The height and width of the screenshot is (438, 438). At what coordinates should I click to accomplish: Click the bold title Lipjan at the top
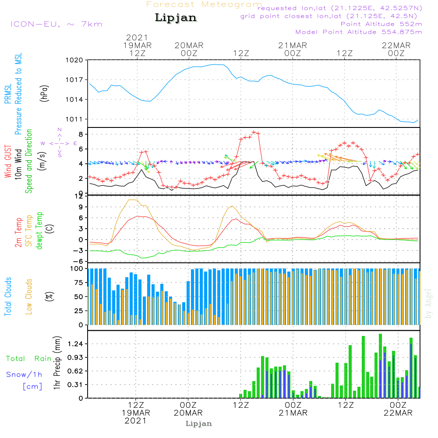click(176, 18)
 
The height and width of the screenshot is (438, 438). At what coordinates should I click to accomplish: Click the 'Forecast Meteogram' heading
click(204, 4)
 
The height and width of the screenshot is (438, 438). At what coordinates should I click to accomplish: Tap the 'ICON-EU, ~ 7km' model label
click(57, 24)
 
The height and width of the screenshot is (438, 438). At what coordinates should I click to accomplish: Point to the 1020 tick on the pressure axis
click(74, 60)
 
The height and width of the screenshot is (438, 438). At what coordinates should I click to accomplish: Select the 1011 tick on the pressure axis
click(74, 119)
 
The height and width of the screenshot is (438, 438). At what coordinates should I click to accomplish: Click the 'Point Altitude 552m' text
click(381, 24)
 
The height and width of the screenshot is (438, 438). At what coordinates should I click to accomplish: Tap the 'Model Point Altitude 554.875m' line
click(359, 32)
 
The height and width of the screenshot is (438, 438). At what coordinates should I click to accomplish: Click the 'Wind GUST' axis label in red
click(8, 161)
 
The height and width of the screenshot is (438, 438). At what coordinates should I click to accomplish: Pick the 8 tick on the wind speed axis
click(81, 134)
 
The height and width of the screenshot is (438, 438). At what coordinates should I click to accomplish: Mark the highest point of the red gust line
click(254, 132)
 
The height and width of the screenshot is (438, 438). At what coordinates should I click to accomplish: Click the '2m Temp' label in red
click(18, 233)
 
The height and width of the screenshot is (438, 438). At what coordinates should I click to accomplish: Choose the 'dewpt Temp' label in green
click(39, 230)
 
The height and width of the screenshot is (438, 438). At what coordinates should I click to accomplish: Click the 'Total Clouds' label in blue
click(8, 297)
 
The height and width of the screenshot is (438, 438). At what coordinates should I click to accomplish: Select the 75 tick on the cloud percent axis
click(78, 283)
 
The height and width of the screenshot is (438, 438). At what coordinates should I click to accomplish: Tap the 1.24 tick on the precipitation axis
click(75, 343)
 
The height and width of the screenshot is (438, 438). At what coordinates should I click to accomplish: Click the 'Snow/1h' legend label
click(24, 374)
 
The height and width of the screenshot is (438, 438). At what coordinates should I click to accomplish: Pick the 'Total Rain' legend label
click(29, 358)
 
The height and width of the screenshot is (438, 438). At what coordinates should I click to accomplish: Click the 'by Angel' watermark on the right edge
click(428, 304)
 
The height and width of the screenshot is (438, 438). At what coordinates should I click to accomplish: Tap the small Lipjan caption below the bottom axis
click(198, 424)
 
